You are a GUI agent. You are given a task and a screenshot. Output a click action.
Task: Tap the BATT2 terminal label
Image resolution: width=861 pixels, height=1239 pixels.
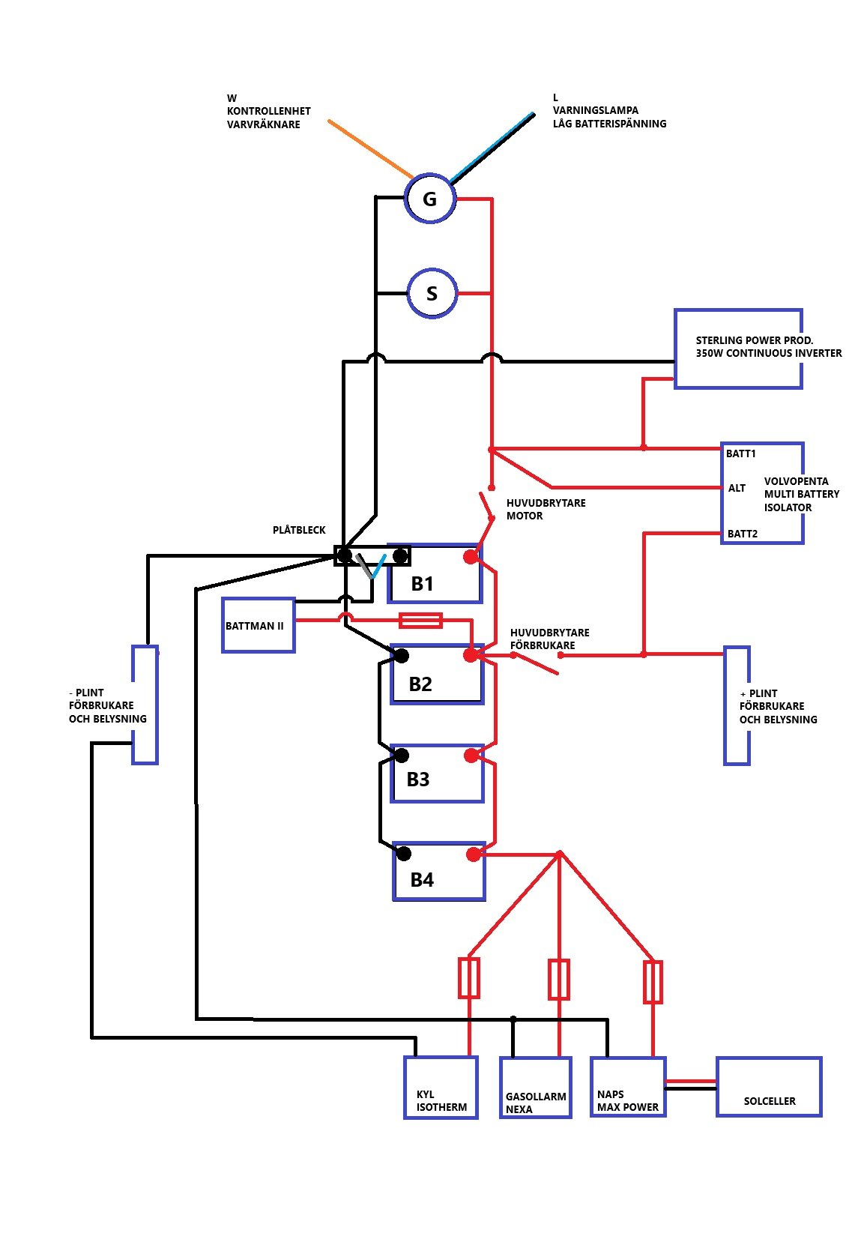[742, 534]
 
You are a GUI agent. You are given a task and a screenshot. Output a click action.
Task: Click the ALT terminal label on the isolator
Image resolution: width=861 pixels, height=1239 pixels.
[737, 488]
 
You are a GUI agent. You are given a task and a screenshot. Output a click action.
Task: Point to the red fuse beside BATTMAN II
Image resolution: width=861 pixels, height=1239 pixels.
[420, 620]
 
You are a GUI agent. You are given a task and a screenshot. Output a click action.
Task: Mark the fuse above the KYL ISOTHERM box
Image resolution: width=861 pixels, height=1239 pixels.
[469, 978]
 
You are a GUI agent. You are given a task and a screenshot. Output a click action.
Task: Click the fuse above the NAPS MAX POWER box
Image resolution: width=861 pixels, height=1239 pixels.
[653, 982]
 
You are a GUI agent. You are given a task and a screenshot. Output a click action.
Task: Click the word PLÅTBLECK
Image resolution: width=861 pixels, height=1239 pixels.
[299, 530]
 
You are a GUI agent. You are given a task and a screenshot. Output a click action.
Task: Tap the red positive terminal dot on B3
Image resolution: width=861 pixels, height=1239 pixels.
[471, 756]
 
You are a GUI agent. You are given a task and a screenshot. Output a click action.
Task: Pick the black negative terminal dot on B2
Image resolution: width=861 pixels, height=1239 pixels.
[402, 656]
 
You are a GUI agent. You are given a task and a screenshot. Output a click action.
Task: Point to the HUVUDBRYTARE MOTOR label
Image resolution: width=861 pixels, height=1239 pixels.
[546, 510]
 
